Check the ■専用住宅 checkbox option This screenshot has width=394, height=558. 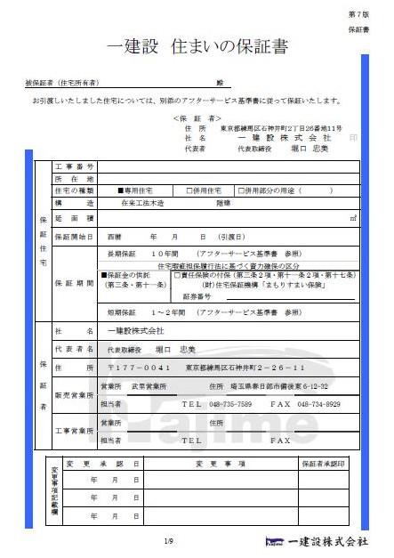133,190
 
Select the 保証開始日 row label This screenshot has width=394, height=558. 74,237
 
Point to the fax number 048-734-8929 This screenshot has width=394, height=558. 318,403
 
